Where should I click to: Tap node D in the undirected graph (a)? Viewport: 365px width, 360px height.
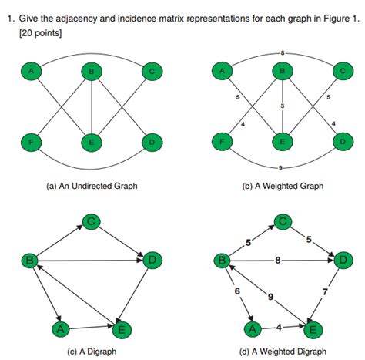click(151, 143)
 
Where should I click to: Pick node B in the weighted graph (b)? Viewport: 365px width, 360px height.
click(283, 72)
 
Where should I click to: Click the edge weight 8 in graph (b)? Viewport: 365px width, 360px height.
click(283, 52)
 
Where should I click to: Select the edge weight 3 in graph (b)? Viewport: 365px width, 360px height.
click(283, 106)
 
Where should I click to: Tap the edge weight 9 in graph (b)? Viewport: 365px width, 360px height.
click(283, 168)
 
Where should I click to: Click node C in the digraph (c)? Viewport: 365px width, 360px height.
click(92, 222)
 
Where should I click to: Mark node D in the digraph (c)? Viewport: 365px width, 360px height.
click(152, 261)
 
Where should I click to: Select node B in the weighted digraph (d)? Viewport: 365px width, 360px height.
click(222, 261)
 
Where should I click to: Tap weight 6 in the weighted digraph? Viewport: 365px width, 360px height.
click(236, 291)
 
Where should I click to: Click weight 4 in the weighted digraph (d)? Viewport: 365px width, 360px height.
click(278, 328)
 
